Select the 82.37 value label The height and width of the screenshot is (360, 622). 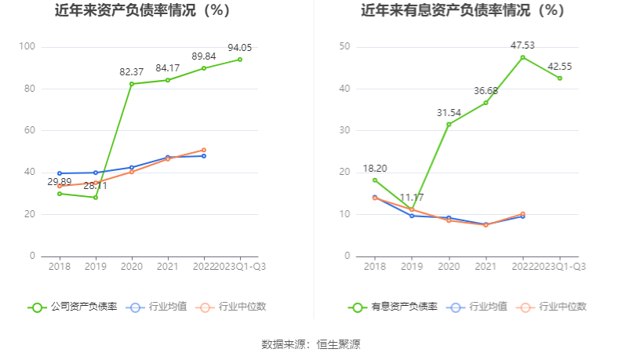point(132,71)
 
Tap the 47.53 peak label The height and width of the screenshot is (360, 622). point(522,45)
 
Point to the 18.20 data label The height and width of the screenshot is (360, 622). point(374,168)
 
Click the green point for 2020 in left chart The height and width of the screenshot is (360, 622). point(132,84)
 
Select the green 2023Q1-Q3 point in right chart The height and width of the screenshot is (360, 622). point(560,78)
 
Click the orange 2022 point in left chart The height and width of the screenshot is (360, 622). point(204,150)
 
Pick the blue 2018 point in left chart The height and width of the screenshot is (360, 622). point(60,173)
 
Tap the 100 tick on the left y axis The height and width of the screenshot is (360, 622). point(27,47)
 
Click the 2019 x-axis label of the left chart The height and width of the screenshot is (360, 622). point(96,266)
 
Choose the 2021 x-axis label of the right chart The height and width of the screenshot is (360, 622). point(486,266)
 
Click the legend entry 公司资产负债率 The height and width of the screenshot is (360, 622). point(73,307)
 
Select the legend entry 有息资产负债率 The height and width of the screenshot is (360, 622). point(391,307)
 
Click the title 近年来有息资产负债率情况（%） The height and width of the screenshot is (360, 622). point(462,11)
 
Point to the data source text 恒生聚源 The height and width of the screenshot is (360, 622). point(339,344)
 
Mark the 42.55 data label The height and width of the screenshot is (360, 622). point(560,66)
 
